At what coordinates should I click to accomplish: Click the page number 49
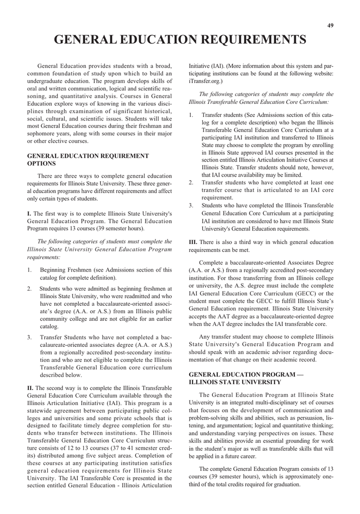tap(330, 26)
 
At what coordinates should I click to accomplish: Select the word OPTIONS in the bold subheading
tap(41, 164)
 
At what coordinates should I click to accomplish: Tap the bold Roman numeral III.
tap(193, 242)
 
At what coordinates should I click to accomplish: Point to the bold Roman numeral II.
tap(30, 388)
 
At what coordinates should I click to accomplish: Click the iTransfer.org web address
tap(205, 80)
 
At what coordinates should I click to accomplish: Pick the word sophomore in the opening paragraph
tap(43, 134)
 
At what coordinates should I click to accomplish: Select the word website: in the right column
tap(320, 73)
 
